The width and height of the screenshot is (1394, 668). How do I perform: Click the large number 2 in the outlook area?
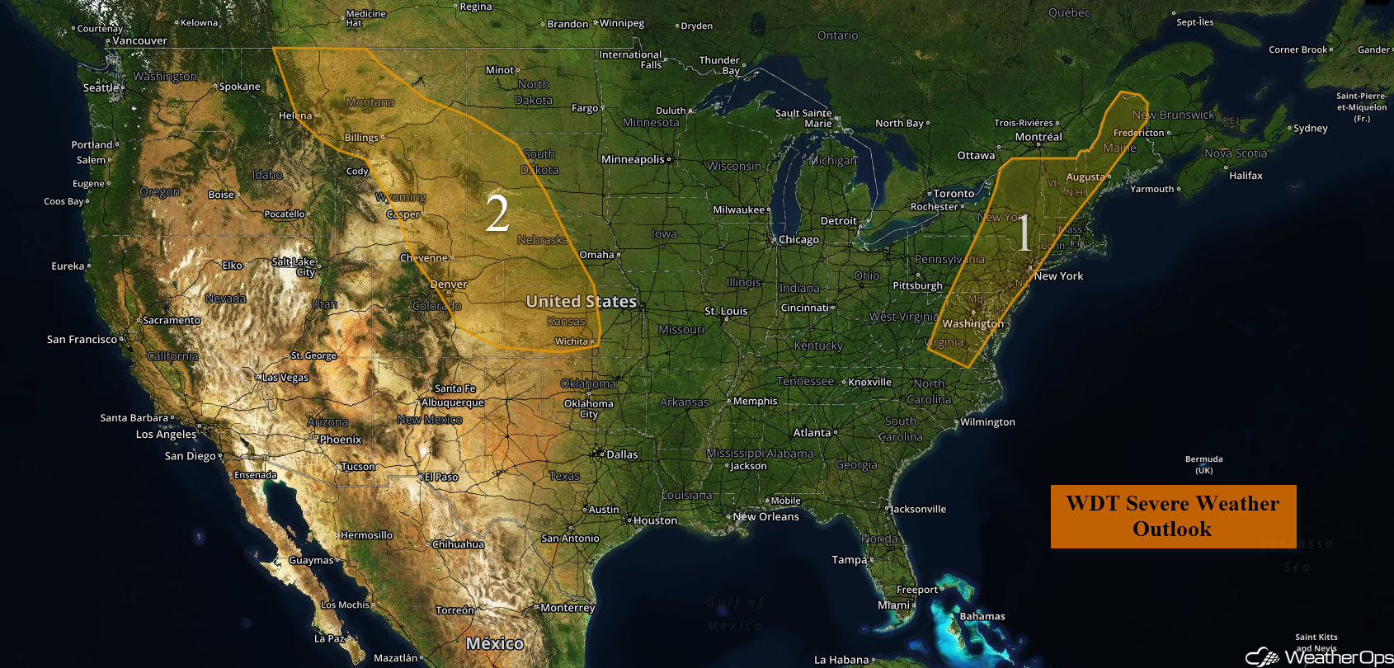(497, 214)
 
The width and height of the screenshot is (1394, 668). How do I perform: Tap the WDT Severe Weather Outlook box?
(1173, 516)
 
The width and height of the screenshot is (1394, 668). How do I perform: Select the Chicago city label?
(798, 240)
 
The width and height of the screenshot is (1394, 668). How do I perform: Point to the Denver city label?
(449, 285)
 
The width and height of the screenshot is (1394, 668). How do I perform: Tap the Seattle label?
(101, 87)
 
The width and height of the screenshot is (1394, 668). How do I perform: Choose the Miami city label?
(893, 605)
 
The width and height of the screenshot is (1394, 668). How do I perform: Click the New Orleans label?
(766, 517)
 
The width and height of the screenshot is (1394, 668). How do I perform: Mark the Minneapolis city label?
(633, 159)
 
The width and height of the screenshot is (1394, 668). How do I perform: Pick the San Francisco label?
(82, 339)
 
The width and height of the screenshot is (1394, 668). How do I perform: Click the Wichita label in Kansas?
(572, 341)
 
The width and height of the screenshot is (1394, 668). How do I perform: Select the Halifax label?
(1246, 176)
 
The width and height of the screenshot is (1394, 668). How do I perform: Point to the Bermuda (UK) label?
(1203, 464)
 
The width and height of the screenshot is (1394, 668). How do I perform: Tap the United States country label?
(581, 302)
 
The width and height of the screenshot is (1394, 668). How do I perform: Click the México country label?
(494, 643)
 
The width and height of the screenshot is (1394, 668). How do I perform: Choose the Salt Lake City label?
(294, 266)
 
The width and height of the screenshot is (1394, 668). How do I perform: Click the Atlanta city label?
(812, 433)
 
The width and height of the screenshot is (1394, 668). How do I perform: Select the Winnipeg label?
(622, 23)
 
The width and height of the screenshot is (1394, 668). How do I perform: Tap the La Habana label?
(841, 660)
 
